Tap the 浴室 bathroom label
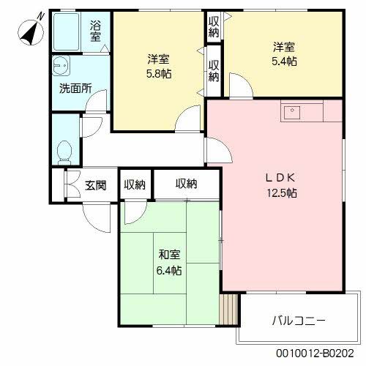point(96,31)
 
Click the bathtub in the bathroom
point(69,31)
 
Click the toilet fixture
point(64,151)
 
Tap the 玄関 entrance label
point(96,184)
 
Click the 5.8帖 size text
point(159,73)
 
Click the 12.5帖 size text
point(281,193)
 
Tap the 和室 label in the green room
point(170,255)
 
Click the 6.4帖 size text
point(170,270)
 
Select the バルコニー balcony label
point(299,321)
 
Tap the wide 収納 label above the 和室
point(186,184)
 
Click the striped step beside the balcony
point(231,310)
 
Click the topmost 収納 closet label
point(214,26)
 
